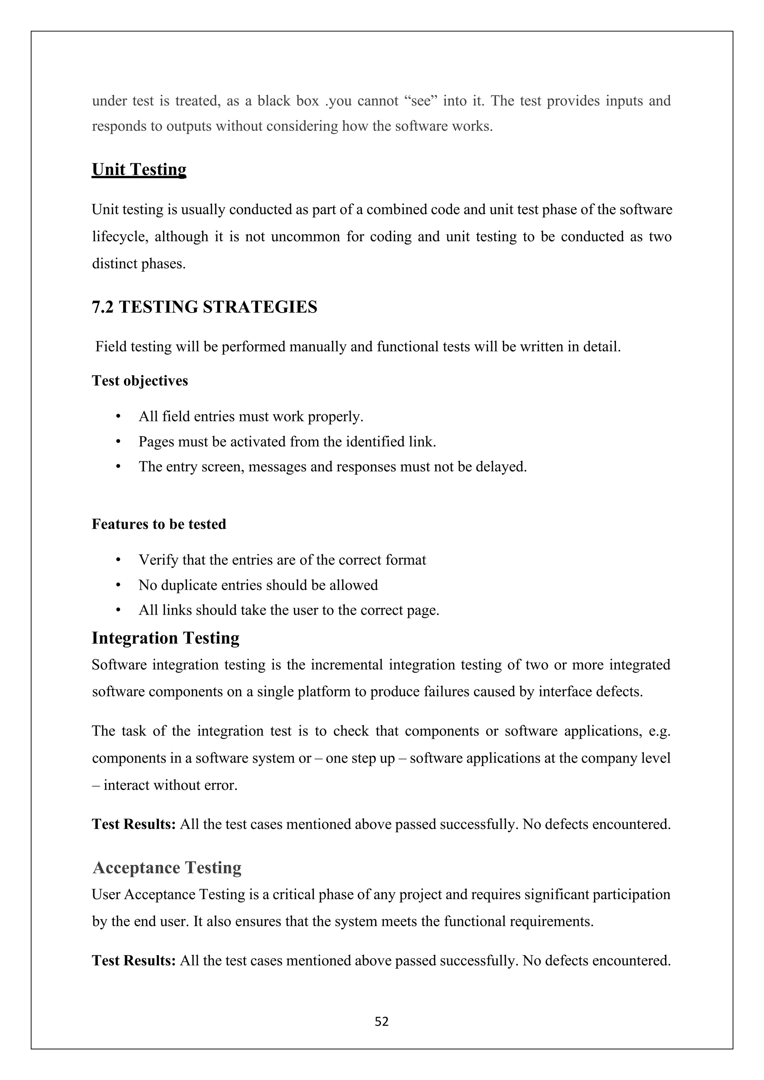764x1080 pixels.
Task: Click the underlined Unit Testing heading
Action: pyautogui.click(x=139, y=169)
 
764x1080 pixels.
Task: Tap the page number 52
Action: pyautogui.click(x=382, y=1021)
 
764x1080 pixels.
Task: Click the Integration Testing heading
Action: pyautogui.click(x=165, y=638)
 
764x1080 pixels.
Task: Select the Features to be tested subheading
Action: pyautogui.click(x=159, y=524)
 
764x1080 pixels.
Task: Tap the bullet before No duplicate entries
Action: pyautogui.click(x=118, y=585)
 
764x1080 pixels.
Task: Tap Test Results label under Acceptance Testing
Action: pyautogui.click(x=134, y=960)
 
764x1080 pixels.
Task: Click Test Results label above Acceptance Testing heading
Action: pyautogui.click(x=134, y=824)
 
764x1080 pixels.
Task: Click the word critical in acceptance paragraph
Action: pyautogui.click(x=294, y=894)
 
